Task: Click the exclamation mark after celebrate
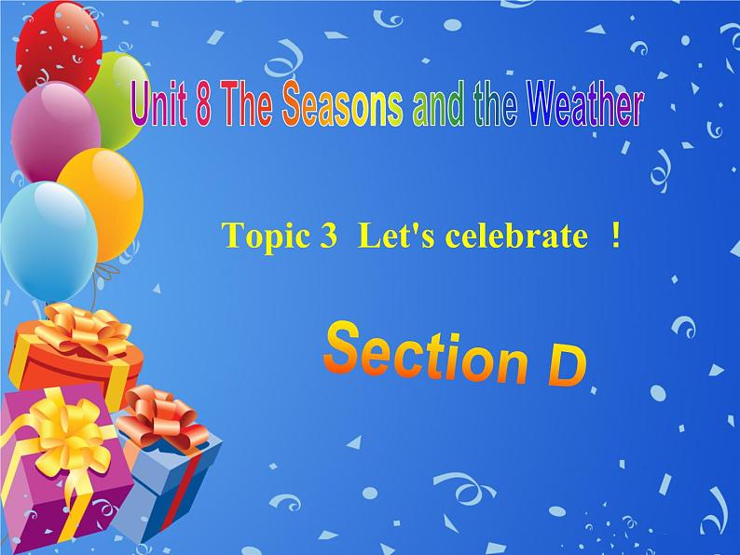pos(615,237)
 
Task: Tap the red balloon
pos(52,42)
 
